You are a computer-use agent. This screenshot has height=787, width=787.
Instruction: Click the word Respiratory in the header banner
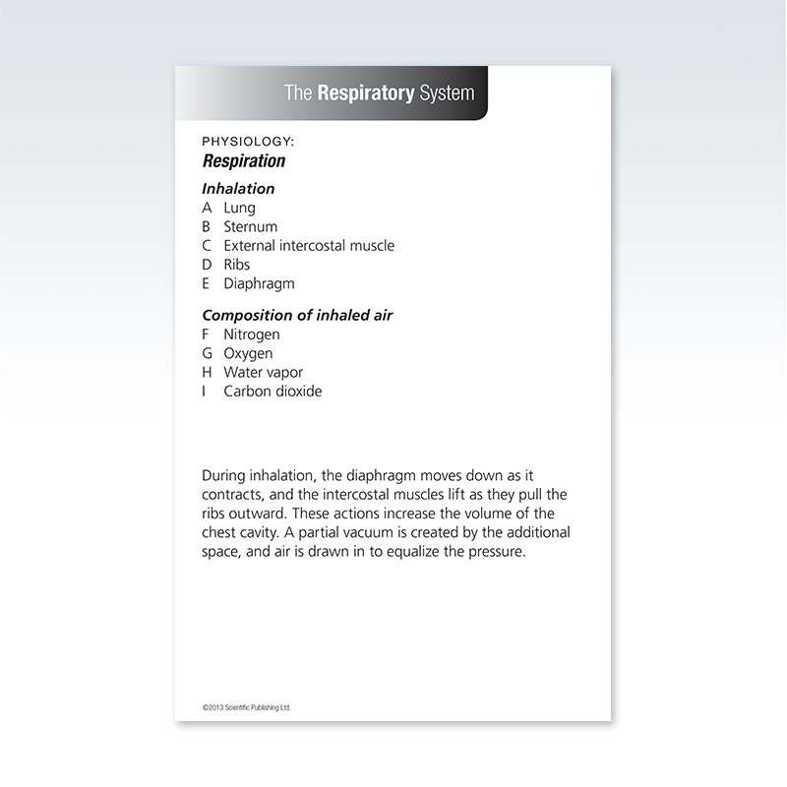pos(365,93)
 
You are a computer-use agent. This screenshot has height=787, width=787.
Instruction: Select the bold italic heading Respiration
pos(244,161)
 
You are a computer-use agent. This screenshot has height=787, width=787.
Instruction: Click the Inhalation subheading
pos(238,188)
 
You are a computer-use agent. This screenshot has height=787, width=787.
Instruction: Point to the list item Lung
pos(239,208)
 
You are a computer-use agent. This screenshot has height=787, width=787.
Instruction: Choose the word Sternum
pos(251,226)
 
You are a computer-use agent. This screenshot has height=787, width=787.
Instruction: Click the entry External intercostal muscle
pos(309,246)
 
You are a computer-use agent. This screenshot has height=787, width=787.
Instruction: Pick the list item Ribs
pos(237,265)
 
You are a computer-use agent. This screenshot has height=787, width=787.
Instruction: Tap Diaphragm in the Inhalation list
pos(259,283)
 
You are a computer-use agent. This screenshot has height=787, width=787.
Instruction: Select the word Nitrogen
pos(252,334)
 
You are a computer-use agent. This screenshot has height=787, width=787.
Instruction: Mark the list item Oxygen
pos(248,353)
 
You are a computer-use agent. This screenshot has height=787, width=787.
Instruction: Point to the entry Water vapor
pos(263,373)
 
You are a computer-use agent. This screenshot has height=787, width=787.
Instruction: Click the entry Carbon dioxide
pos(272,392)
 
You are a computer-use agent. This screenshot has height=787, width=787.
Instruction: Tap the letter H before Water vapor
pos(208,373)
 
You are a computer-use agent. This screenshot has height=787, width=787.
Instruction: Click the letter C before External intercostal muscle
pos(207,246)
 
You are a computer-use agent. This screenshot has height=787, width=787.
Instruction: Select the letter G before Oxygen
pos(208,353)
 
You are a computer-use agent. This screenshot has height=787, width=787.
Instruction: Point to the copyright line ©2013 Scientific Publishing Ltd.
pos(247,707)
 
